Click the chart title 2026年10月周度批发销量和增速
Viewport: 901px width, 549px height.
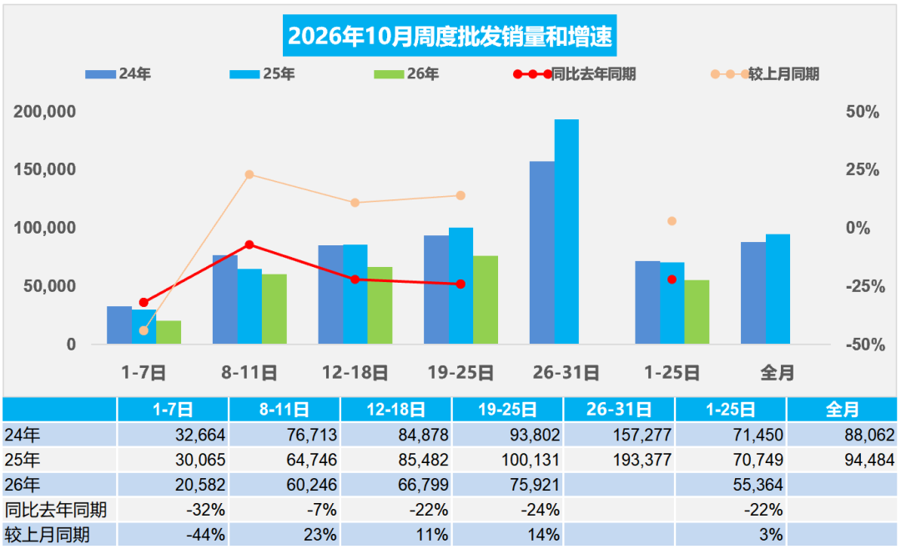450,36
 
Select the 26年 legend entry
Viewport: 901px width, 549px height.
406,74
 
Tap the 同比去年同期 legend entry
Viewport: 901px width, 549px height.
574,74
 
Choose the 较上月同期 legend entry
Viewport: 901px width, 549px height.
765,74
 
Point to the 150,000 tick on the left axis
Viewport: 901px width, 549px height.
45,169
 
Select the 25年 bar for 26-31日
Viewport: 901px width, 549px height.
566,232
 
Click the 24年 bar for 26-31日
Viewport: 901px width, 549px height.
542,252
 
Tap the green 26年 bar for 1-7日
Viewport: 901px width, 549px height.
169,332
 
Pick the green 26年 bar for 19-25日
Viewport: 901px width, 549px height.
486,300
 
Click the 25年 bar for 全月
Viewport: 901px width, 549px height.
778,290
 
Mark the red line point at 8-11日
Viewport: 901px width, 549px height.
249,245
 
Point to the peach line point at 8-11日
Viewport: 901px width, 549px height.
249,174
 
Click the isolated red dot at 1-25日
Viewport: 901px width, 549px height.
672,280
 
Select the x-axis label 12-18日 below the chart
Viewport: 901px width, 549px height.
355,372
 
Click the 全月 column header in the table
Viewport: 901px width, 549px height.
842,410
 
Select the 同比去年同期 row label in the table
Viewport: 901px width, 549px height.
56,510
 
